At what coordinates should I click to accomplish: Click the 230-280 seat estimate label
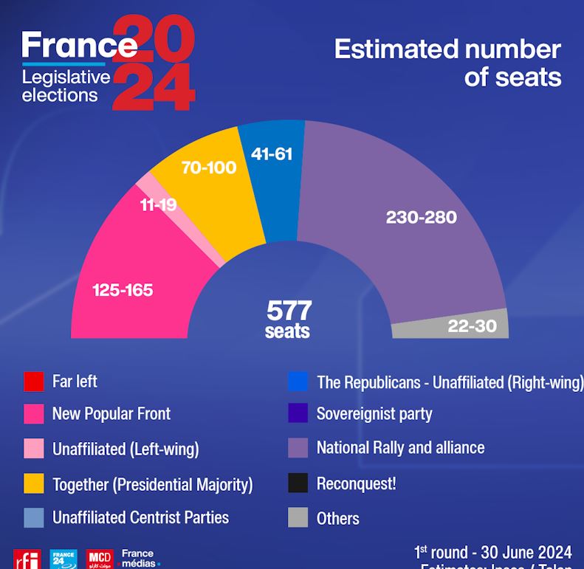point(421,217)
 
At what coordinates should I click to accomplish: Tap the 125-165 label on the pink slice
point(123,290)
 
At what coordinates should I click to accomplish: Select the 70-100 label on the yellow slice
point(209,168)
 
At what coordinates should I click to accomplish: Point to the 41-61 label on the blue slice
point(272,154)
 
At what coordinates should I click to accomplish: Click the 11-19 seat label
point(158,204)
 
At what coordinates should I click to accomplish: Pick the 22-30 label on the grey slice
point(472,325)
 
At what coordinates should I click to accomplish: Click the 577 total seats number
point(289,310)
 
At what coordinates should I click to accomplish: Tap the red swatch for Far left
point(34,382)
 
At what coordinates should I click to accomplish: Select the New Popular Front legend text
point(111,414)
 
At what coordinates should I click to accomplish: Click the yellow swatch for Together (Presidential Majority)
point(34,483)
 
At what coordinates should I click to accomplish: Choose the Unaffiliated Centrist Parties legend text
point(140,517)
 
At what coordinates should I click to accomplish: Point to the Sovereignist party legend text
point(374,414)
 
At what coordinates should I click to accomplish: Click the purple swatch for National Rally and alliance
point(298,448)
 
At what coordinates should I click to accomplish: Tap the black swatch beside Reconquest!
point(298,483)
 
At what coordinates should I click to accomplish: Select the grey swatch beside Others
point(298,517)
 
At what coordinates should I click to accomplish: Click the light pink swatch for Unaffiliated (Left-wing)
point(34,448)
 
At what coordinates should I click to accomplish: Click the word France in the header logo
point(79,45)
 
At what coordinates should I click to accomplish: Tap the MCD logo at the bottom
point(100,559)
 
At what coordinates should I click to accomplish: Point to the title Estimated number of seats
point(447,63)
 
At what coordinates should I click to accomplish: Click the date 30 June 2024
point(526,552)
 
